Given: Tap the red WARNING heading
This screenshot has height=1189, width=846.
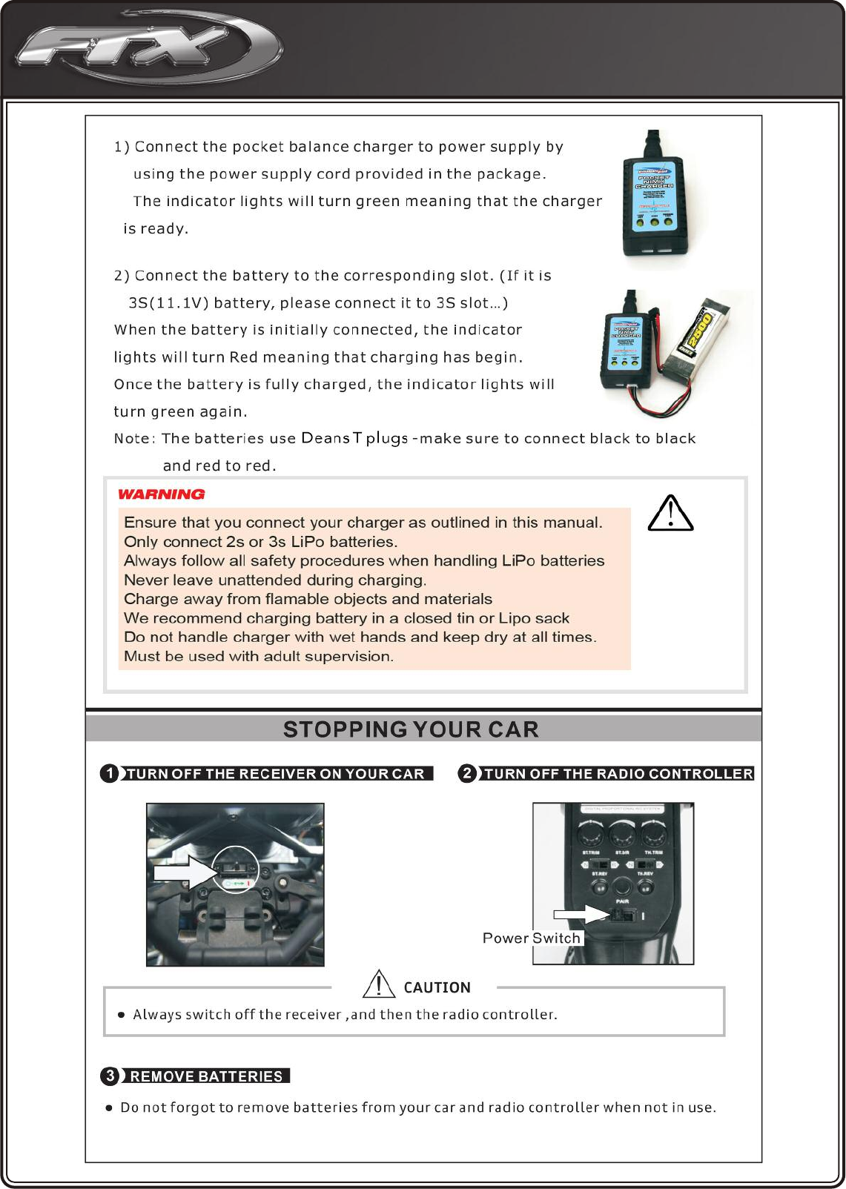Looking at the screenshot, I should [x=161, y=494].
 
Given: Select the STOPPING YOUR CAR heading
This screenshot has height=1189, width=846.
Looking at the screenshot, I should [x=411, y=729].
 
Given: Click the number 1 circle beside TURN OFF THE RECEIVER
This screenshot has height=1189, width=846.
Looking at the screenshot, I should [x=110, y=773].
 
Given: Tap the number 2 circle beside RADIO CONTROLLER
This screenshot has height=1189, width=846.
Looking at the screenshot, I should [x=467, y=773].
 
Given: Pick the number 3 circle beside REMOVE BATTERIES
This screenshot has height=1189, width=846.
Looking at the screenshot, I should [x=110, y=1076].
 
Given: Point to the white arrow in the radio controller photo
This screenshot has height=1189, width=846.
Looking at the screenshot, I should [x=581, y=915].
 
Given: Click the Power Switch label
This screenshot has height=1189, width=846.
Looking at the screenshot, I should [x=531, y=938].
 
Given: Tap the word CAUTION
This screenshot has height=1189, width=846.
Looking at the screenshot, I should [x=437, y=987].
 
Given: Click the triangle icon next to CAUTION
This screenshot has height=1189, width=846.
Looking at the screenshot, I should [x=378, y=984].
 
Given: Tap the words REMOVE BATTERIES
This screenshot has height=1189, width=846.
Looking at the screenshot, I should [x=206, y=1076].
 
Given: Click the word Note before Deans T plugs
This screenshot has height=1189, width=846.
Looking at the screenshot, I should [x=132, y=439].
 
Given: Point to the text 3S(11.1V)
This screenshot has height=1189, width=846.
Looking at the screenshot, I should [x=168, y=303].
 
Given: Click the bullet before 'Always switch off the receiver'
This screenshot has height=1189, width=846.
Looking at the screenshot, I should [x=122, y=1015].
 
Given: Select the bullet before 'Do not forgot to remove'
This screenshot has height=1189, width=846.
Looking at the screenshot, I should [x=109, y=1108].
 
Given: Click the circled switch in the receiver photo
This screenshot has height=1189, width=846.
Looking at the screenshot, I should [x=236, y=869].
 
